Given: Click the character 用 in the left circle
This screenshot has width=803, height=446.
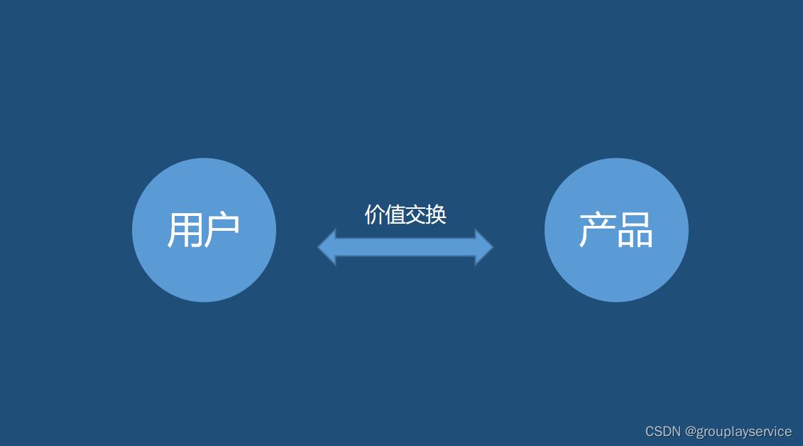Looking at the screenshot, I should [185, 230].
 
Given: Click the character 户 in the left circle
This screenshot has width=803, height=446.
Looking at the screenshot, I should [222, 230].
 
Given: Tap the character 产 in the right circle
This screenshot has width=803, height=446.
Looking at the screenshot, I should [597, 230].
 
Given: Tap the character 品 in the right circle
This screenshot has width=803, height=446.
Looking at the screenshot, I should [635, 230].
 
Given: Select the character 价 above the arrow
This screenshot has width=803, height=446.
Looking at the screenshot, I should [375, 214].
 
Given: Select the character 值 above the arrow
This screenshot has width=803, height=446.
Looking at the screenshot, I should [395, 214].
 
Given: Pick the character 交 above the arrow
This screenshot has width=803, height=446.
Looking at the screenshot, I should [416, 214].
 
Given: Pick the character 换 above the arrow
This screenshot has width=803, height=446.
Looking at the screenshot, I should [437, 214].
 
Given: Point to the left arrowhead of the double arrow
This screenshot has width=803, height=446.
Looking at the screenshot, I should [327, 247].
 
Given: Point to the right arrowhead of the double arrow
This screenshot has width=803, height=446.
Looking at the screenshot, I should [484, 247].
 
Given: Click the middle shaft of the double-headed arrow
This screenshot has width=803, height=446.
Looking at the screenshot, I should [405, 247].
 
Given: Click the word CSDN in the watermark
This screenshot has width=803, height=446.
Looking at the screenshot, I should [663, 431].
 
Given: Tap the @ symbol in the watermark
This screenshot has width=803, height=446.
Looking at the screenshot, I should [691, 431].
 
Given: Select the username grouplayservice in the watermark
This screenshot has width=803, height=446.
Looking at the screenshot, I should [744, 431].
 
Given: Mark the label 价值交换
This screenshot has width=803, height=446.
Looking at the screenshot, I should [405, 214].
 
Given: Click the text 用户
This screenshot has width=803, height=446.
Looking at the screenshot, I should [204, 230].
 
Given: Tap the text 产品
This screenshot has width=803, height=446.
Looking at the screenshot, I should [616, 230].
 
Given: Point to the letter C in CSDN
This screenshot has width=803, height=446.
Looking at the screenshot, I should [650, 431].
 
